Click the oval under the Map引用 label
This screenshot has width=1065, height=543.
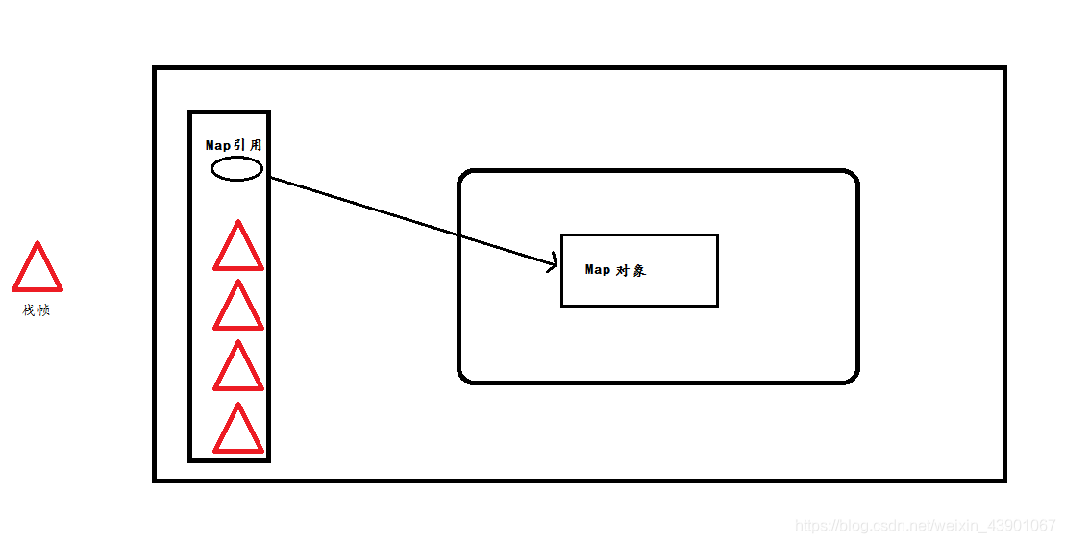236,169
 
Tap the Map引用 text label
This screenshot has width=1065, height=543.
234,145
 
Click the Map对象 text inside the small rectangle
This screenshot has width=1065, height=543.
615,270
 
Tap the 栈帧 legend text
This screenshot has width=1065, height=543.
37,310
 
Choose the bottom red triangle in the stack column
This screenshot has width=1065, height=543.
238,432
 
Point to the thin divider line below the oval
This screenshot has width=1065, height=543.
230,185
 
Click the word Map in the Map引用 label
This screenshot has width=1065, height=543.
218,145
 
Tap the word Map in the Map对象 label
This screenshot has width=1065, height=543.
598,270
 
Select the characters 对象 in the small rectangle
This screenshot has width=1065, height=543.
632,270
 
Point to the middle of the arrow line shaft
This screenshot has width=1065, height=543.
413,220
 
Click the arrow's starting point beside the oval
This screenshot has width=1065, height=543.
273,177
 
